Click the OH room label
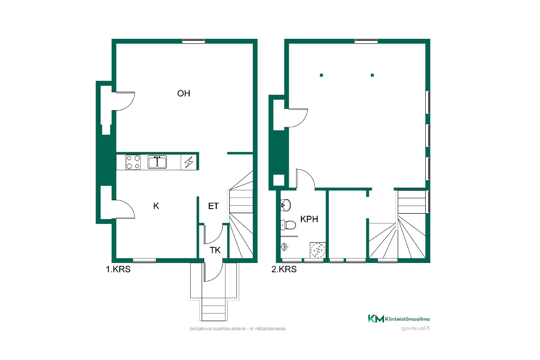(x=184, y=93)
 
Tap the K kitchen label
(x=156, y=206)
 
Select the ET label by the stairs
(x=213, y=206)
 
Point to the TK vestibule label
(x=215, y=250)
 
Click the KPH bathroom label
(x=309, y=219)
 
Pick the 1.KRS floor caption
(x=118, y=269)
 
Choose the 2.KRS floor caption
(x=284, y=269)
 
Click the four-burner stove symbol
(x=133, y=162)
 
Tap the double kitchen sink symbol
(x=157, y=162)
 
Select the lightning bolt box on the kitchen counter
(x=189, y=162)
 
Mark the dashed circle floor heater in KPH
(x=318, y=250)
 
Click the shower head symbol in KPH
(x=285, y=247)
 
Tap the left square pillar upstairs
(x=321, y=75)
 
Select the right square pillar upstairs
(x=372, y=75)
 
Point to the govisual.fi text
(x=415, y=328)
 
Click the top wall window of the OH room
(x=193, y=41)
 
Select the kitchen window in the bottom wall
(x=144, y=260)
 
